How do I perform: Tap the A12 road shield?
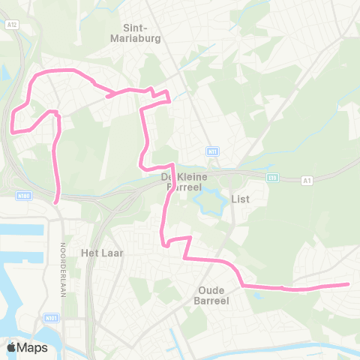coord(11,24)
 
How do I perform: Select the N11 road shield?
coord(213,151)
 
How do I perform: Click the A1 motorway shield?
coord(307,180)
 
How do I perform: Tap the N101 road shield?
coord(52,318)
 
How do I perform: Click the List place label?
coord(240,199)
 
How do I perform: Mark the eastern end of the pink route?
coord(348,284)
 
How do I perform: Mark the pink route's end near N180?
coord(57,200)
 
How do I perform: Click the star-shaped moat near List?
coord(207,201)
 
